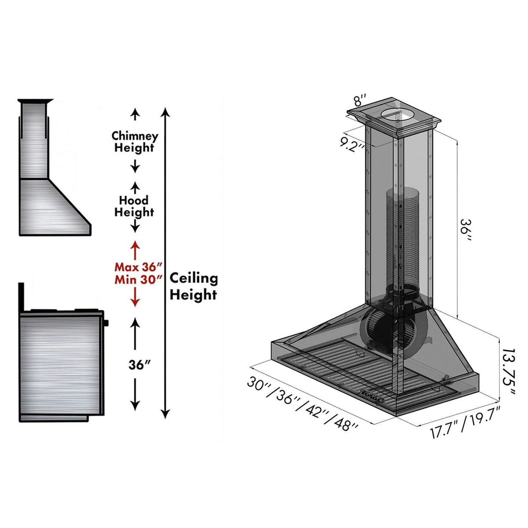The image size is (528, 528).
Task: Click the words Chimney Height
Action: (x=134, y=141)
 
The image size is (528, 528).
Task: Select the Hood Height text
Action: (x=134, y=206)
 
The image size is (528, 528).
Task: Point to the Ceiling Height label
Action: (x=194, y=286)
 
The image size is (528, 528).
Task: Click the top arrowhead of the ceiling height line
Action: (x=165, y=111)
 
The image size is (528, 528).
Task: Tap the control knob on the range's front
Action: (x=106, y=324)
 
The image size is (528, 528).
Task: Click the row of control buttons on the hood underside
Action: (x=372, y=395)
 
